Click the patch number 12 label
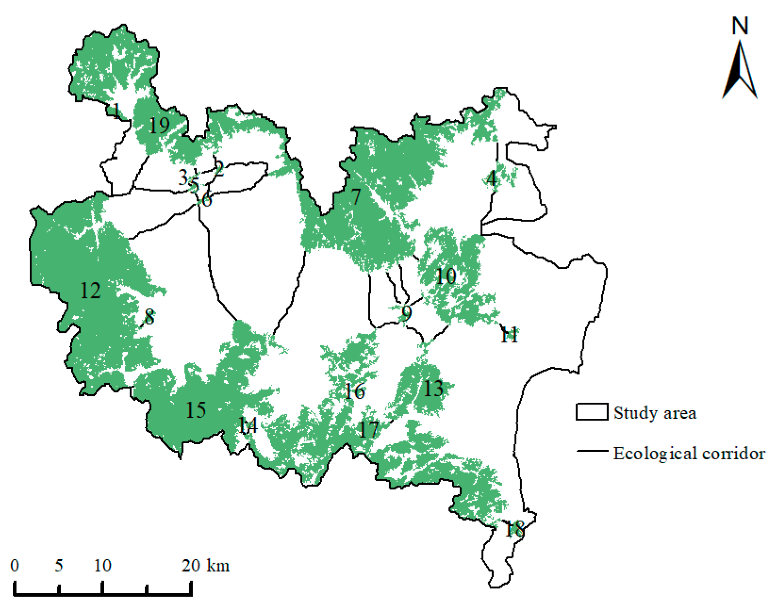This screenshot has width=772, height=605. [91, 291]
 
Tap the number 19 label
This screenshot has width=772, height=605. [159, 125]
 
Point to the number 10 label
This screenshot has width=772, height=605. [446, 276]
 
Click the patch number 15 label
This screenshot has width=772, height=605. [196, 410]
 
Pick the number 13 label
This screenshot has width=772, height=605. [433, 389]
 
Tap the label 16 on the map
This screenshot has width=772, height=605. [355, 391]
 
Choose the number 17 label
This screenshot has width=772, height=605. [369, 430]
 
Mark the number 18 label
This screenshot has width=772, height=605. [515, 530]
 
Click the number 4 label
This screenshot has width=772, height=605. [492, 179]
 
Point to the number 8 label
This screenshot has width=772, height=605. [149, 317]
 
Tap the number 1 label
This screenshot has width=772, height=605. [116, 111]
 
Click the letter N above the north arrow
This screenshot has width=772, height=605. [740, 25]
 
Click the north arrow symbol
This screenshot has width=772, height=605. [739, 71]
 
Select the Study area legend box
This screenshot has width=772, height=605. [592, 412]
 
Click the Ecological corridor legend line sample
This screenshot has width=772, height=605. [592, 451]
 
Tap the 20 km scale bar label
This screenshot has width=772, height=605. [206, 565]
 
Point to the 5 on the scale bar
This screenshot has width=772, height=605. [58, 565]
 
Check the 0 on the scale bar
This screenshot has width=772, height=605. [15, 565]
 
